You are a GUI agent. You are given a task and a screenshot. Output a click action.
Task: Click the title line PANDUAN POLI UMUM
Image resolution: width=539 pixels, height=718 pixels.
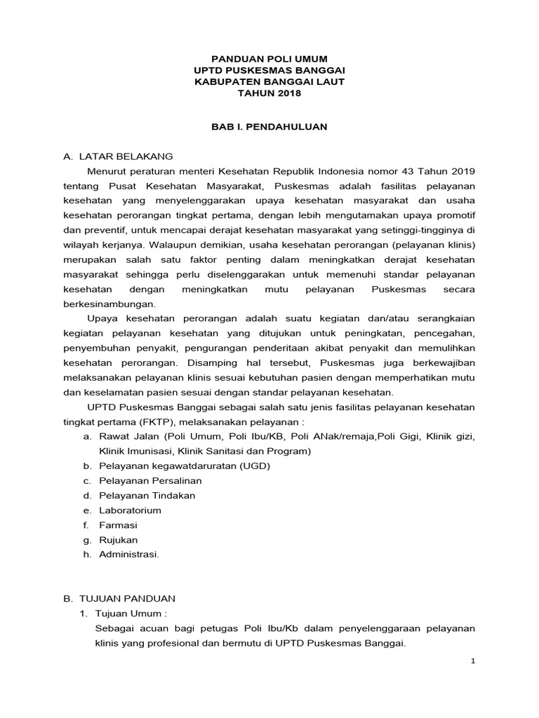[269, 60]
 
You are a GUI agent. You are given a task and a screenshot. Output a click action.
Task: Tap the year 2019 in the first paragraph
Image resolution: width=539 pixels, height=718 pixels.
[463, 170]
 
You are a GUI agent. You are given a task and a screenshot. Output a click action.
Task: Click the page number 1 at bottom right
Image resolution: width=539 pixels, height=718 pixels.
[472, 660]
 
